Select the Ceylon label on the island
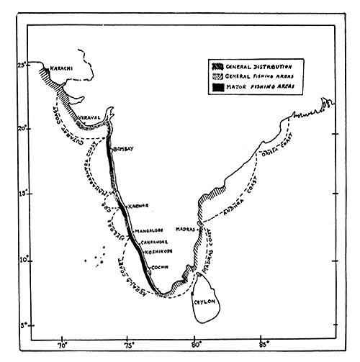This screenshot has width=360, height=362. click(x=206, y=304)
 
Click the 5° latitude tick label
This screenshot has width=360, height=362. click(x=23, y=325)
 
